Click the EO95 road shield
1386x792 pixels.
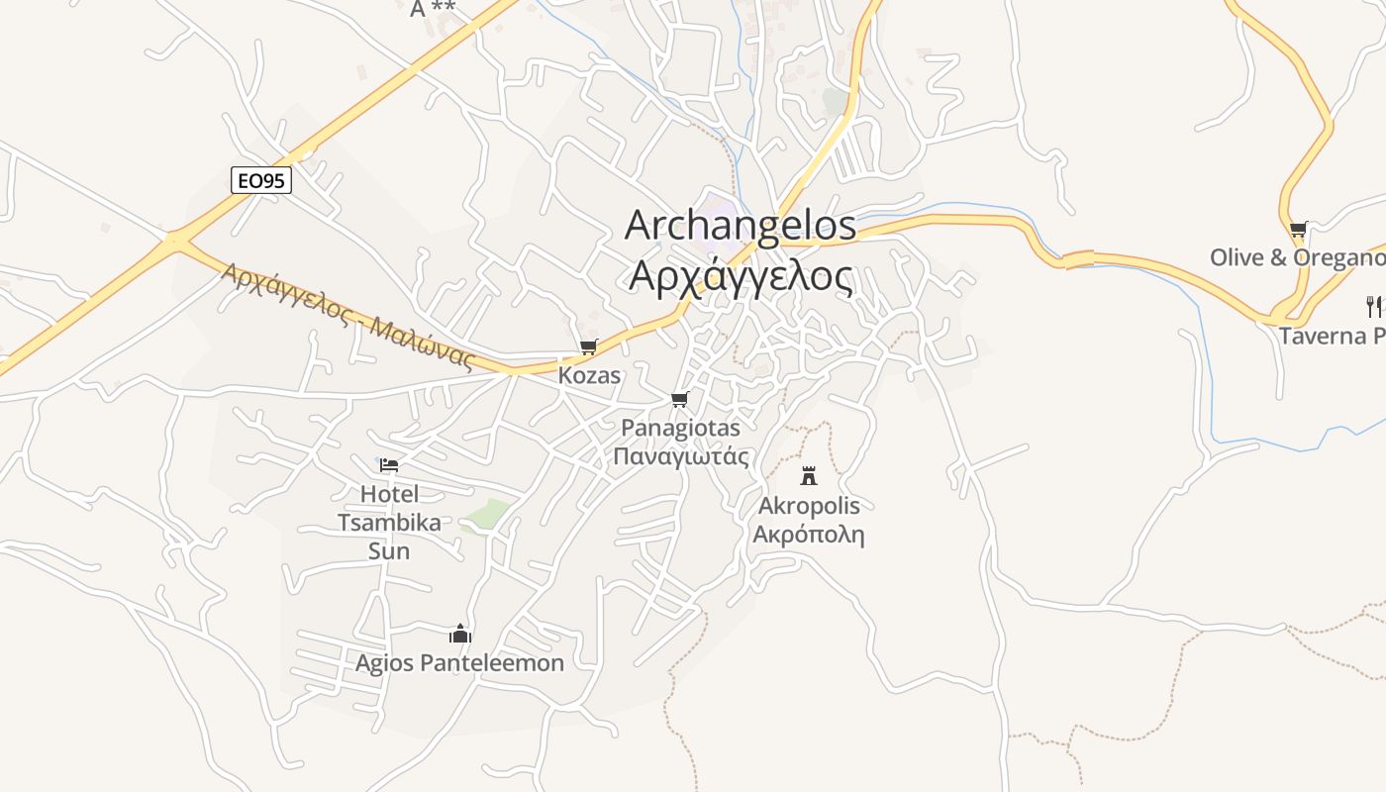(x=261, y=180)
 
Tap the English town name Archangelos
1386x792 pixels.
(x=740, y=226)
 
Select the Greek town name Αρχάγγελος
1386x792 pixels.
(x=740, y=277)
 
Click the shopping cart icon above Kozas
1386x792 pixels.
(x=589, y=346)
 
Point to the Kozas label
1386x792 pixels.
(x=589, y=375)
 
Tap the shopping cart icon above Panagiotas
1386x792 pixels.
(x=679, y=399)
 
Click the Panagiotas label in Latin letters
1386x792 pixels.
(x=680, y=428)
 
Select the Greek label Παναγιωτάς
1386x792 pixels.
(x=680, y=456)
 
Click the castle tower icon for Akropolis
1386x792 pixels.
(x=809, y=476)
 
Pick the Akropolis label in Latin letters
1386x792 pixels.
(x=809, y=506)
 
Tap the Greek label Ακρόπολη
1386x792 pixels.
(x=809, y=535)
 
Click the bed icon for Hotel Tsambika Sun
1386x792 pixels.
(x=389, y=464)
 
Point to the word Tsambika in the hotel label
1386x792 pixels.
(x=389, y=522)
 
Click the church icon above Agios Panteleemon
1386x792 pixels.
(x=459, y=634)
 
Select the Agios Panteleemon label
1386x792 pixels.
(x=459, y=662)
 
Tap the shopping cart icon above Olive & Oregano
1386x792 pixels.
(x=1298, y=229)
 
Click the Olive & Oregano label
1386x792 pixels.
(x=1297, y=257)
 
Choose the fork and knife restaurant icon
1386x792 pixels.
(x=1373, y=306)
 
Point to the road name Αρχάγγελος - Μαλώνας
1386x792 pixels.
(x=347, y=315)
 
